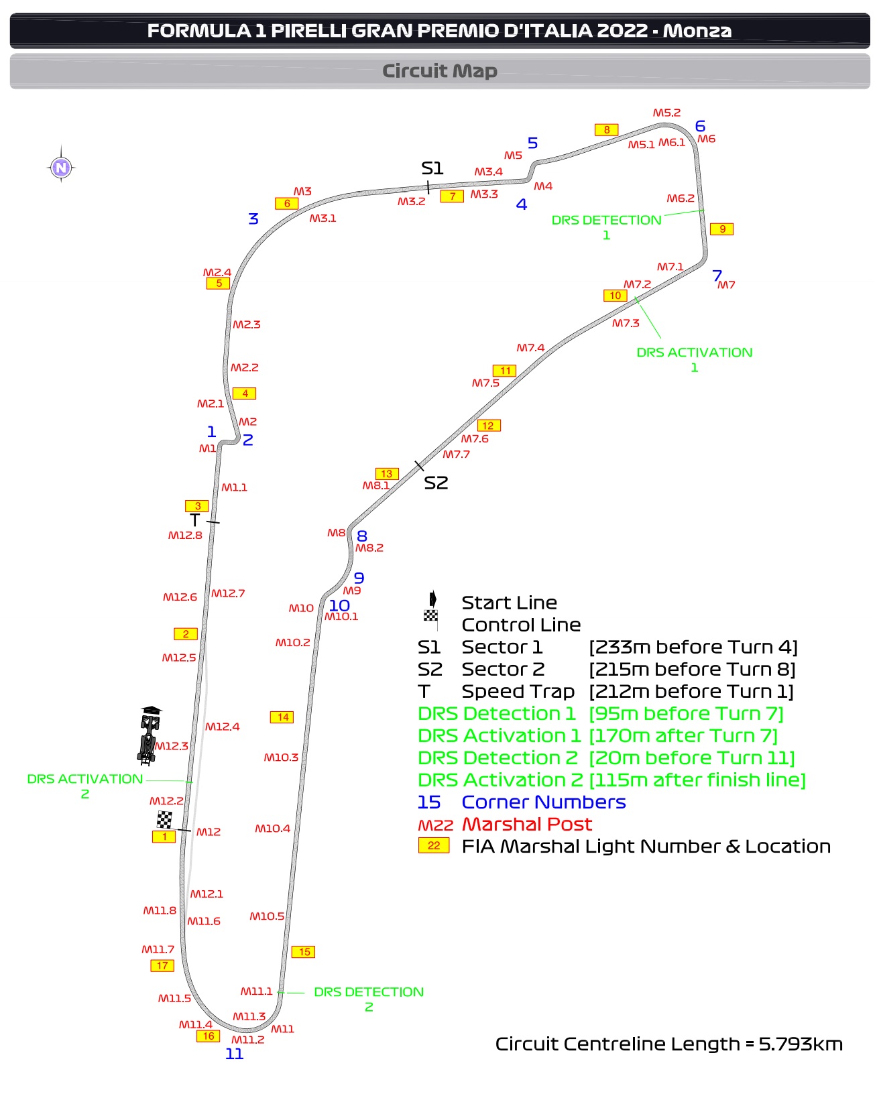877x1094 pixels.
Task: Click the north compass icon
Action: coord(61,167)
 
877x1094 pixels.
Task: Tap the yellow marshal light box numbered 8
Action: coord(606,130)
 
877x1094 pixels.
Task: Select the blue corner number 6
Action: coord(700,126)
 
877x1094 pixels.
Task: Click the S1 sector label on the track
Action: coord(432,168)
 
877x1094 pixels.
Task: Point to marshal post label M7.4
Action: coord(530,348)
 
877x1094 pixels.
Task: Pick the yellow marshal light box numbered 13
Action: coord(387,474)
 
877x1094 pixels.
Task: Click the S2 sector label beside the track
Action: coord(436,483)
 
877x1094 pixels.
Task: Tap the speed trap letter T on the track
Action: coord(195,520)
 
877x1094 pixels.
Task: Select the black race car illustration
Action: coord(150,735)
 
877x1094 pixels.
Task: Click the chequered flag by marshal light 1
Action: coord(164,819)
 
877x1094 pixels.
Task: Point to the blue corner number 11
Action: coord(234,1054)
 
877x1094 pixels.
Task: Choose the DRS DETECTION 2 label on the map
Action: coord(369,999)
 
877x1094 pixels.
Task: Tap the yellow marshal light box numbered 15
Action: coord(304,952)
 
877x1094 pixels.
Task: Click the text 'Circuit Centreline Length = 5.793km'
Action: coord(668,1044)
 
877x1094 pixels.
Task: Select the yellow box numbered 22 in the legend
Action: coord(434,845)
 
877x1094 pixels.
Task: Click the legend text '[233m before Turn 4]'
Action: coord(693,647)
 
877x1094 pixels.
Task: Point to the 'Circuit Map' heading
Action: coord(439,71)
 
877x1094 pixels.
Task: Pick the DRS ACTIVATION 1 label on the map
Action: coord(695,359)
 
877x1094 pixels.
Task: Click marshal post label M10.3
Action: coord(281,757)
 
